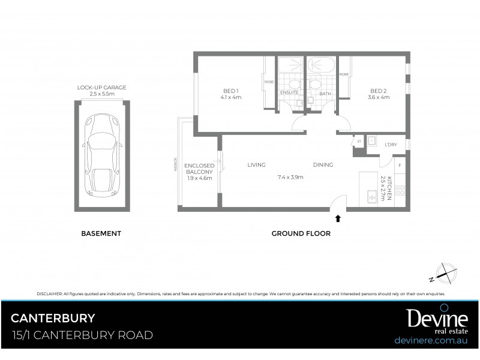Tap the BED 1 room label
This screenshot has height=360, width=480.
tap(230, 91)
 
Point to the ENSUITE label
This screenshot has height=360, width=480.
tap(289, 94)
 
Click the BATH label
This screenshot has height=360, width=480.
tap(325, 94)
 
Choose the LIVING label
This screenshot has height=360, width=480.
tap(256, 165)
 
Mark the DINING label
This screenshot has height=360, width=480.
tap(323, 165)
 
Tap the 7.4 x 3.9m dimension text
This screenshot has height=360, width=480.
tap(290, 177)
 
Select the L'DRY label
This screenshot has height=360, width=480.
tap(391, 145)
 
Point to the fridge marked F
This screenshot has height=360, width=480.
tap(400, 164)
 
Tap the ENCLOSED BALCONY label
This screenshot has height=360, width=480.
tap(199, 169)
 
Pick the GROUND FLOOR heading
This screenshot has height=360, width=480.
tap(301, 233)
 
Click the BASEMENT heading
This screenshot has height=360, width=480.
tap(101, 233)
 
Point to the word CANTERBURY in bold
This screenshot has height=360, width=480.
tap(53, 317)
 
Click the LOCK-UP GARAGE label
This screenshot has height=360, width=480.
tap(101, 88)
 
